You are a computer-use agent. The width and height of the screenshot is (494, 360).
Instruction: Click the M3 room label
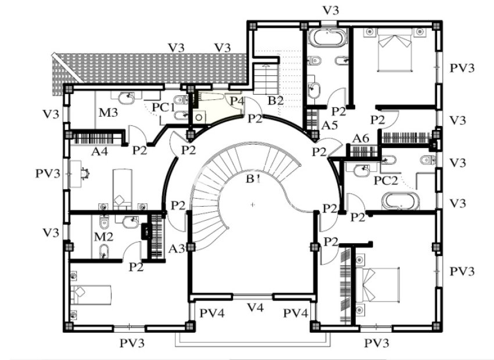[x=109, y=112]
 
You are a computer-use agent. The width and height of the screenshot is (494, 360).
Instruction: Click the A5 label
[x=330, y=125]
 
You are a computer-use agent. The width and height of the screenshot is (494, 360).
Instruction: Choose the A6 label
[x=361, y=138]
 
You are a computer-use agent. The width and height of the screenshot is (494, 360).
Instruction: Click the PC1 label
[x=163, y=107]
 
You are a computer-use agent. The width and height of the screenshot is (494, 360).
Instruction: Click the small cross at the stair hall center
[x=253, y=205]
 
